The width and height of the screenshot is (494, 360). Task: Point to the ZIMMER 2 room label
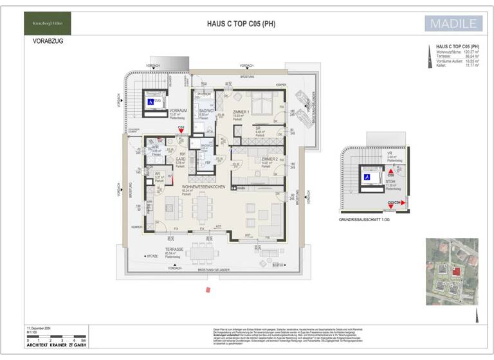point(270,159)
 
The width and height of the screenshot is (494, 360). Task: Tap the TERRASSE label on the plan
point(174,249)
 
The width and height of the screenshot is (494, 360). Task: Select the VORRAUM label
point(177,110)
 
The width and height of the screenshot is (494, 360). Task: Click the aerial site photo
point(452,271)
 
